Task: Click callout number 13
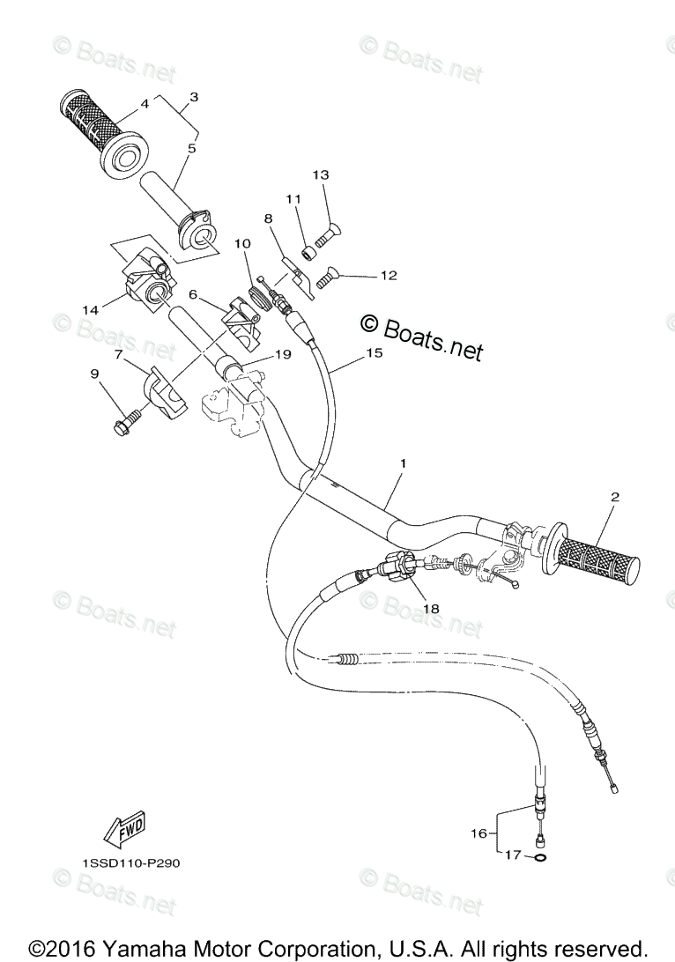click(x=320, y=175)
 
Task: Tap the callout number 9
click(x=94, y=374)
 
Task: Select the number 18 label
click(x=430, y=608)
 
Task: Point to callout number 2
click(x=614, y=498)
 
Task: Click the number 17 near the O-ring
click(x=512, y=854)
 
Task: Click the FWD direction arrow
click(x=122, y=829)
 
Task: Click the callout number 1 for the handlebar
click(x=402, y=462)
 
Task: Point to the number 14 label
click(x=90, y=309)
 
